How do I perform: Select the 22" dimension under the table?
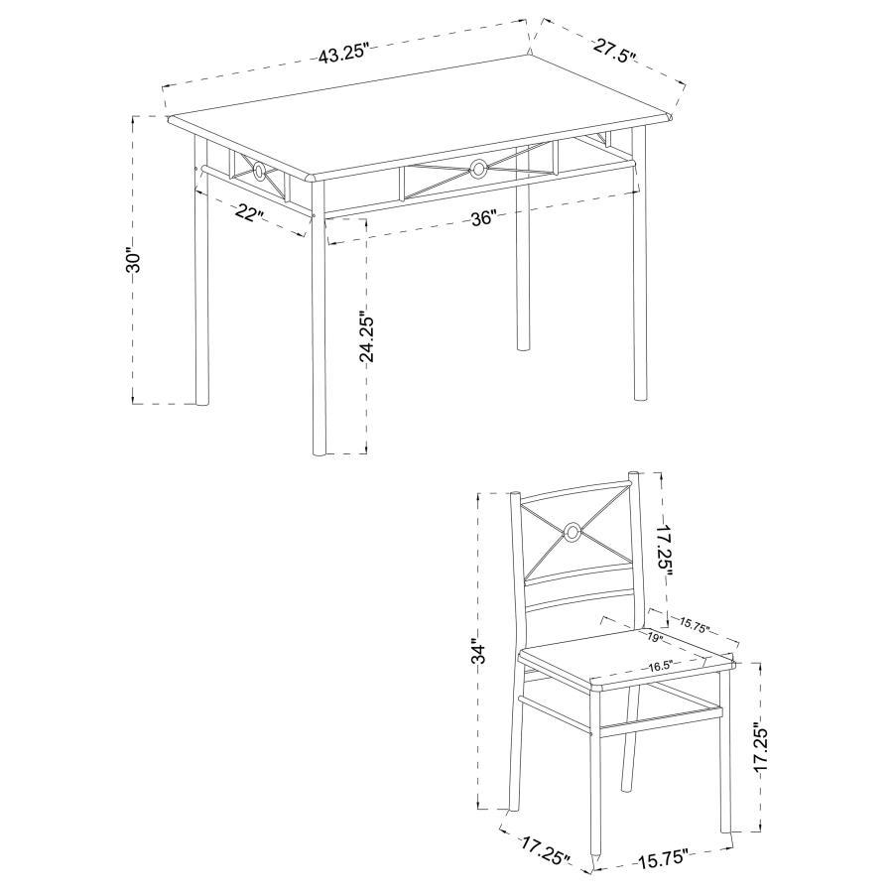[250, 211]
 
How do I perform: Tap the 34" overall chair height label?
[480, 652]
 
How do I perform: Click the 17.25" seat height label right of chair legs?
[760, 749]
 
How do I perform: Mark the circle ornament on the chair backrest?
[572, 533]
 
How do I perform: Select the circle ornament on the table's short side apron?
[259, 173]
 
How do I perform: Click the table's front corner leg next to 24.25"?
[319, 337]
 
